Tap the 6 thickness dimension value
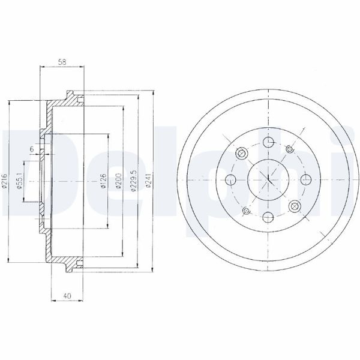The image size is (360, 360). pos(32,149)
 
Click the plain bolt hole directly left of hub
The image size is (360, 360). pos(230,178)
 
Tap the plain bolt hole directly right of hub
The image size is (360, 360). pos(305,178)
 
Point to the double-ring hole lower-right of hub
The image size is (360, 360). pos(294,205)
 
